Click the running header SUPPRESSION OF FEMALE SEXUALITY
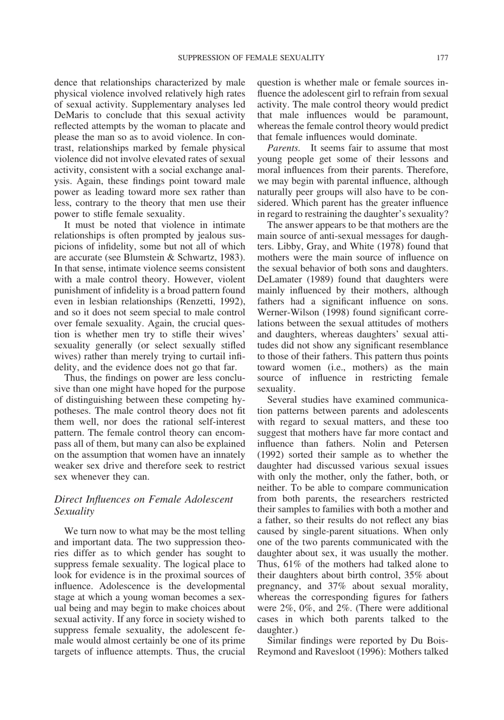251,57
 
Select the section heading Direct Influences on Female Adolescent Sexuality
143,505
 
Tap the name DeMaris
71,115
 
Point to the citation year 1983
232,257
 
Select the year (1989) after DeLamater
318,280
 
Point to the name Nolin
375,444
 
